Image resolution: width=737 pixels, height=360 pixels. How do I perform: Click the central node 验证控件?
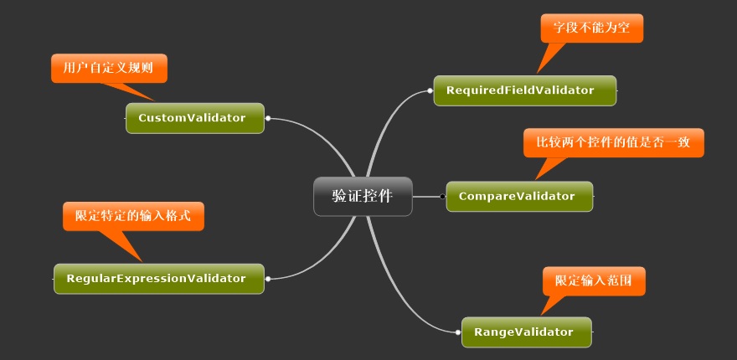click(363, 196)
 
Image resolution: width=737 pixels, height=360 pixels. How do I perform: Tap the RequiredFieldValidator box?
click(524, 90)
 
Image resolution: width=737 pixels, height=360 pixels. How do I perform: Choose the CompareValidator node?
click(518, 196)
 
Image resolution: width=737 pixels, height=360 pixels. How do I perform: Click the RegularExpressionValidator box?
click(158, 278)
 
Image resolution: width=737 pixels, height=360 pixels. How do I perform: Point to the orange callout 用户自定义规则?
click(109, 68)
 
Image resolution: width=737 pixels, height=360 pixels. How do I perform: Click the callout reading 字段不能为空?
click(591, 28)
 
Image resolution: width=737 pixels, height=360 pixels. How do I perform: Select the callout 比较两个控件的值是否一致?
click(614, 142)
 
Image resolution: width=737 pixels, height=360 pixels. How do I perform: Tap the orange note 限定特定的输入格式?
click(133, 215)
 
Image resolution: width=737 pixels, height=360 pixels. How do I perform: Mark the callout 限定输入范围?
click(594, 281)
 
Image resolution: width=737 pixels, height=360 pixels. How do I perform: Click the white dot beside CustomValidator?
click(267, 119)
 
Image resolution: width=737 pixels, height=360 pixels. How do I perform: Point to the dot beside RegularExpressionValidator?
click(267, 278)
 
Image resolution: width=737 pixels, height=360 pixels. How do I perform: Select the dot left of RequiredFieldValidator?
click(430, 90)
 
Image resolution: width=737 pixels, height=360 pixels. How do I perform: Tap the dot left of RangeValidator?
click(458, 332)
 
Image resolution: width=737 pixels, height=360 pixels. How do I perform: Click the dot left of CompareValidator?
click(442, 196)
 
